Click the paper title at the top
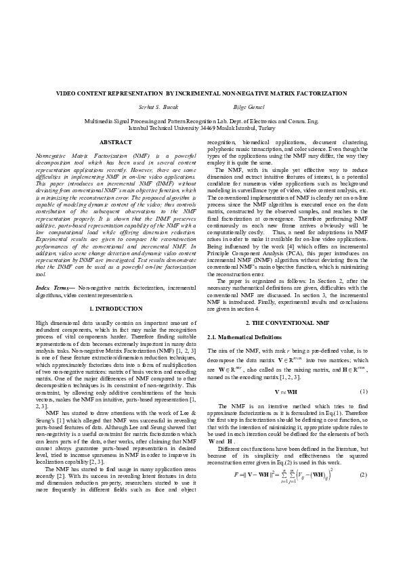[201, 93]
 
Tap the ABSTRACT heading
[116, 142]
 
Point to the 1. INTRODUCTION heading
[116, 309]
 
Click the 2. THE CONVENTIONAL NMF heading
[287, 324]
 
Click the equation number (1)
[363, 391]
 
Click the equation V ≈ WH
[287, 391]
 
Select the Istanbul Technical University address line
[201, 127]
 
